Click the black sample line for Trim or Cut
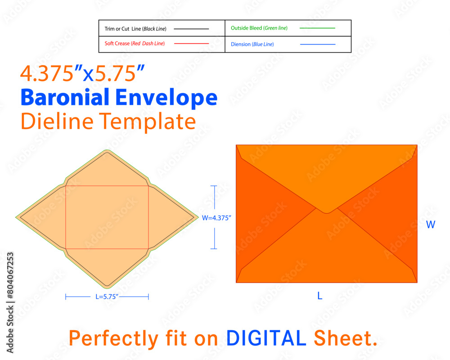pyautogui.click(x=191, y=29)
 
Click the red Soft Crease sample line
pyautogui.click(x=191, y=44)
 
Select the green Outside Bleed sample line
pyautogui.click(x=317, y=28)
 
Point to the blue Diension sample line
pyautogui.click(x=318, y=45)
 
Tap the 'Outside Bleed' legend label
pyautogui.click(x=246, y=28)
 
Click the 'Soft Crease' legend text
pyautogui.click(x=117, y=43)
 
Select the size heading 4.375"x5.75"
pyautogui.click(x=82, y=73)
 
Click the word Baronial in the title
pyautogui.click(x=65, y=97)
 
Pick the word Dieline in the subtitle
pyautogui.click(x=57, y=121)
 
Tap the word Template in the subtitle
pyautogui.click(x=148, y=121)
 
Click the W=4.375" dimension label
pyautogui.click(x=217, y=218)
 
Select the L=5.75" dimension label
pyautogui.click(x=107, y=297)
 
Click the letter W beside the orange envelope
pyautogui.click(x=431, y=225)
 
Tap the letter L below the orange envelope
pyautogui.click(x=319, y=296)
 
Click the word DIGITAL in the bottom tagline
pyautogui.click(x=266, y=338)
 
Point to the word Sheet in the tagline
pyautogui.click(x=342, y=338)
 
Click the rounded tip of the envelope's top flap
pyautogui.click(x=327, y=213)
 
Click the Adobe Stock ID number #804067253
pyautogui.click(x=10, y=276)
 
